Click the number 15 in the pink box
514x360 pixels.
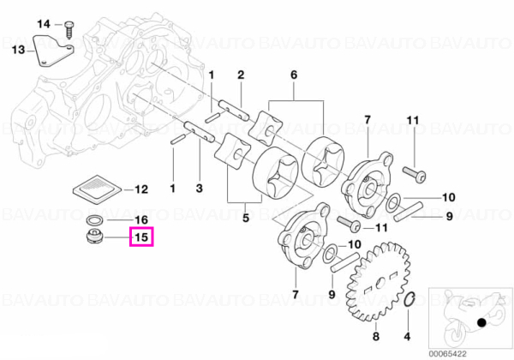pos(141,237)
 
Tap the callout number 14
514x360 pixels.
pos(44,24)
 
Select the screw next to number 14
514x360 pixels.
pos(69,30)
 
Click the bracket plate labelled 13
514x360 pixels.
pos(53,51)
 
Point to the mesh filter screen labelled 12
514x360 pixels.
pos(97,189)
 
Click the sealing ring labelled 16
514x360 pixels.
pos(95,220)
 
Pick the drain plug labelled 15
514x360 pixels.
pos(94,237)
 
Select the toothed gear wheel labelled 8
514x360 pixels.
pos(379,282)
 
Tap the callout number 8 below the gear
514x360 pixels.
pos(376,336)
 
